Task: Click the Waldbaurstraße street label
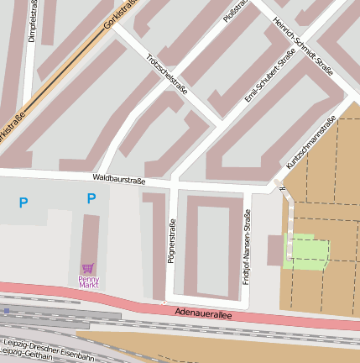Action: click(x=119, y=179)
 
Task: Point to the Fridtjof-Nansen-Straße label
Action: click(x=247, y=247)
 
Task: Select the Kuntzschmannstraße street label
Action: click(x=310, y=141)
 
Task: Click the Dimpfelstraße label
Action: click(x=32, y=21)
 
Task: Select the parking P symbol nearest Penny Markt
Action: click(x=91, y=199)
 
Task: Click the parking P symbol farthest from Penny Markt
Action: click(x=23, y=203)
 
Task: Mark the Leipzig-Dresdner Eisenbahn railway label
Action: click(x=49, y=345)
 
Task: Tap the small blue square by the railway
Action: click(x=7, y=311)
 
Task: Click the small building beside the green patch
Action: click(x=275, y=250)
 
